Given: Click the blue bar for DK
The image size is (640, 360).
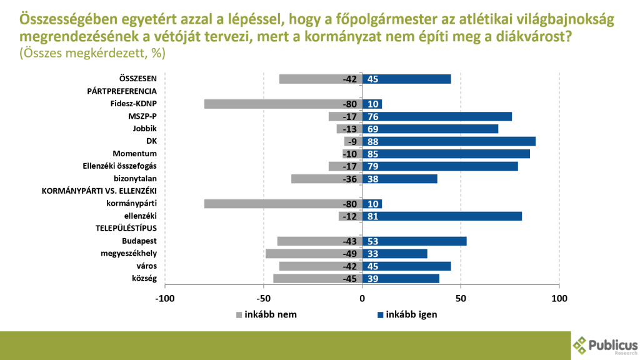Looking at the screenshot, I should pos(449,141).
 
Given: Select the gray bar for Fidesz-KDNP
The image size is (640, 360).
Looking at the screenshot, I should pos(283,104).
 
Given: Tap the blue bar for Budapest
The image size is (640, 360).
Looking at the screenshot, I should pos(414,241).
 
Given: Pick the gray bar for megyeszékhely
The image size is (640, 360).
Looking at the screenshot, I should pos(314,254).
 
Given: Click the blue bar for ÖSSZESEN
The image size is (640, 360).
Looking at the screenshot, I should pos(406,79).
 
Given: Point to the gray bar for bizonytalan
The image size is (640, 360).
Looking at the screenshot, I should pos(326,179).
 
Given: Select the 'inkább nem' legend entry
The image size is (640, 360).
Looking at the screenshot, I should pos(266,314).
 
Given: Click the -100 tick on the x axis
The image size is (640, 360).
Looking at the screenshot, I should pos(165,298).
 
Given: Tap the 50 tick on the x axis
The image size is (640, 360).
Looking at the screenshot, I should pos(461,298).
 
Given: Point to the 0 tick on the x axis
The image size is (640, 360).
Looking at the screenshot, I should pos(362,298).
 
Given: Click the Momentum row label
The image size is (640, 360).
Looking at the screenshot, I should pos(134,154).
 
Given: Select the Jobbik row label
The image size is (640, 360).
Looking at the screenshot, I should pos(144,129).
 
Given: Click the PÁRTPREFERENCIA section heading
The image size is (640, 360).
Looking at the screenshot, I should pos(121,91).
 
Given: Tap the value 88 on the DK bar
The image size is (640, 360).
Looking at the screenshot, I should pos(374,141).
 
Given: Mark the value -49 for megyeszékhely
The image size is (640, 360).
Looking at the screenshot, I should pos(349,254).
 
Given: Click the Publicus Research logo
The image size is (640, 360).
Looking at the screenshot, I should pos(604,345).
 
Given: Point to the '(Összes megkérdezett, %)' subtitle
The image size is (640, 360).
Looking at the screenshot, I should pos(92,54).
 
